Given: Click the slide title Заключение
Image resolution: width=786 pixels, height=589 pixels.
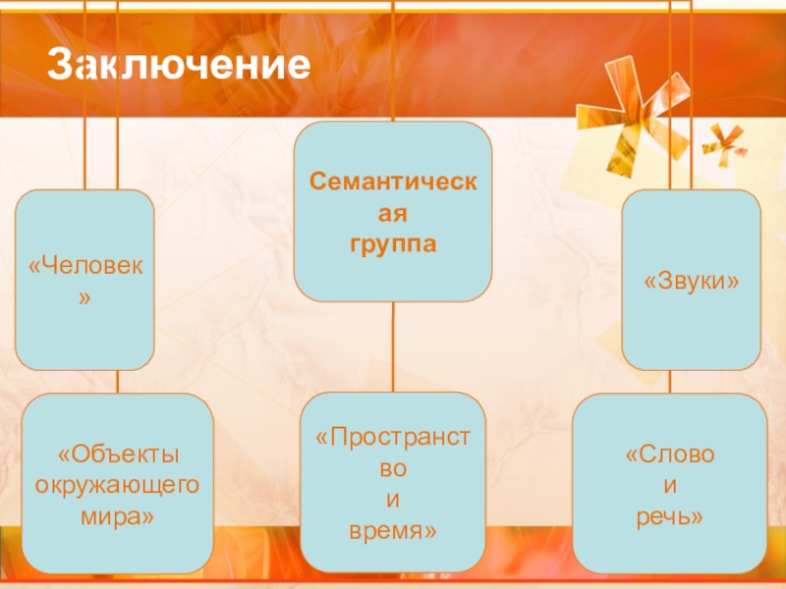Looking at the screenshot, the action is [x=179, y=66].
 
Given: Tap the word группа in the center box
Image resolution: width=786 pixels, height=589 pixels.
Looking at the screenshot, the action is [x=392, y=241].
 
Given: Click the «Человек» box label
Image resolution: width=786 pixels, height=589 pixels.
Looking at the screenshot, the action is [x=84, y=267].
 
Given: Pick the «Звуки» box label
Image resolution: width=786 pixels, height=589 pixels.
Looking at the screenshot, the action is [x=691, y=281].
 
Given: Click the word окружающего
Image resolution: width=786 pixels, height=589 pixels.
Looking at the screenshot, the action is [x=118, y=484].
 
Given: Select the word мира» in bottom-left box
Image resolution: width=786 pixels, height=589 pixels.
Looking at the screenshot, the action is [x=118, y=513].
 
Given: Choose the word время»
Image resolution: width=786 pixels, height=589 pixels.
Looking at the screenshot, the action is [x=392, y=530].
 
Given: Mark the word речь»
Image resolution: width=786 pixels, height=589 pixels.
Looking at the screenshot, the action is [x=670, y=513].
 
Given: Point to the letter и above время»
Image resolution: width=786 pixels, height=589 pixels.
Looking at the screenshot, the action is [x=392, y=500].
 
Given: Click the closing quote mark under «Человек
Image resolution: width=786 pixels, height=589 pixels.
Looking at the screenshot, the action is [x=84, y=294].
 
